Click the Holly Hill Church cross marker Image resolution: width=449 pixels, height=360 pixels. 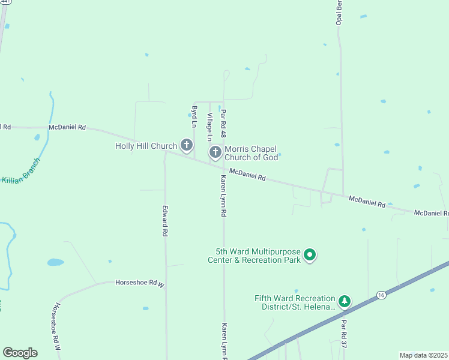pyautogui.click(x=187, y=145)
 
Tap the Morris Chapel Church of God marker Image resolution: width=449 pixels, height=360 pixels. pyautogui.click(x=215, y=152)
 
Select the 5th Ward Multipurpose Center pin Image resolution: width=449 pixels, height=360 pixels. pyautogui.click(x=310, y=256)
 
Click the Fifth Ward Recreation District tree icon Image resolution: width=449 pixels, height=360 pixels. pyautogui.click(x=345, y=301)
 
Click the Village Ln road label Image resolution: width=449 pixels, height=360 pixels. pyautogui.click(x=209, y=123)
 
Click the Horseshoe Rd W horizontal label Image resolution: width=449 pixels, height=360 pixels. pyautogui.click(x=140, y=282)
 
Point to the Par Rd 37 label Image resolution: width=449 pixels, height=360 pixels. pyautogui.click(x=345, y=334)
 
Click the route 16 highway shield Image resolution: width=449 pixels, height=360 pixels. pyautogui.click(x=381, y=295)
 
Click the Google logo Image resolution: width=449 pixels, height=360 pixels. pyautogui.click(x=20, y=353)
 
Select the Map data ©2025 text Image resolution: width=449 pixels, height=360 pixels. pyautogui.click(x=423, y=355)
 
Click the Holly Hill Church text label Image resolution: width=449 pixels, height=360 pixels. pyautogui.click(x=146, y=146)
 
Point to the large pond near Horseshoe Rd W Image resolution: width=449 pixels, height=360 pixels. pyautogui.click(x=55, y=262)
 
